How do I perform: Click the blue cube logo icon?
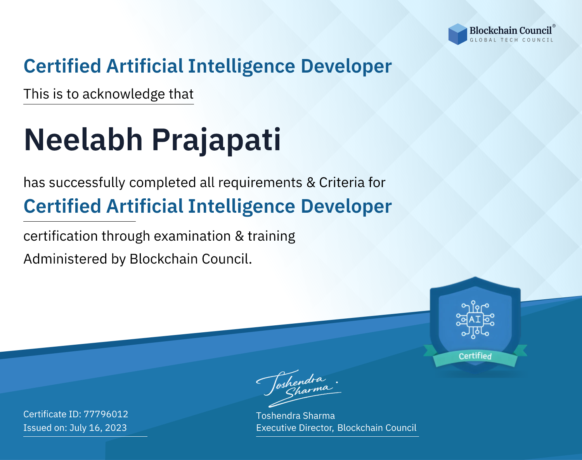pos(457,34)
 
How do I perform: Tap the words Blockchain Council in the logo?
pos(511,31)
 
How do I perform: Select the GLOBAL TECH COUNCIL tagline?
pos(512,40)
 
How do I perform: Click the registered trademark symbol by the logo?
pos(554,26)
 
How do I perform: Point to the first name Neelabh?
pos(83,139)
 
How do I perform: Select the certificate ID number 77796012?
pos(106,414)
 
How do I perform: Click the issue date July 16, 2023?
pos(98,428)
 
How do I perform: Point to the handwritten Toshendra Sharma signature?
pos(298,388)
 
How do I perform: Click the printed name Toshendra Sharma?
pos(295,416)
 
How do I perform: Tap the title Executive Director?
pos(295,428)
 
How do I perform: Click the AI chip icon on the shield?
pos(475,319)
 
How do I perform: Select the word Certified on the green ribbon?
pos(475,356)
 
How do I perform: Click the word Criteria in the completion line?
pos(341,182)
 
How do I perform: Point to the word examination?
pos(192,236)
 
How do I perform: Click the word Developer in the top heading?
pos(346,66)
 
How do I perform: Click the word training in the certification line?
pos(271,236)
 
